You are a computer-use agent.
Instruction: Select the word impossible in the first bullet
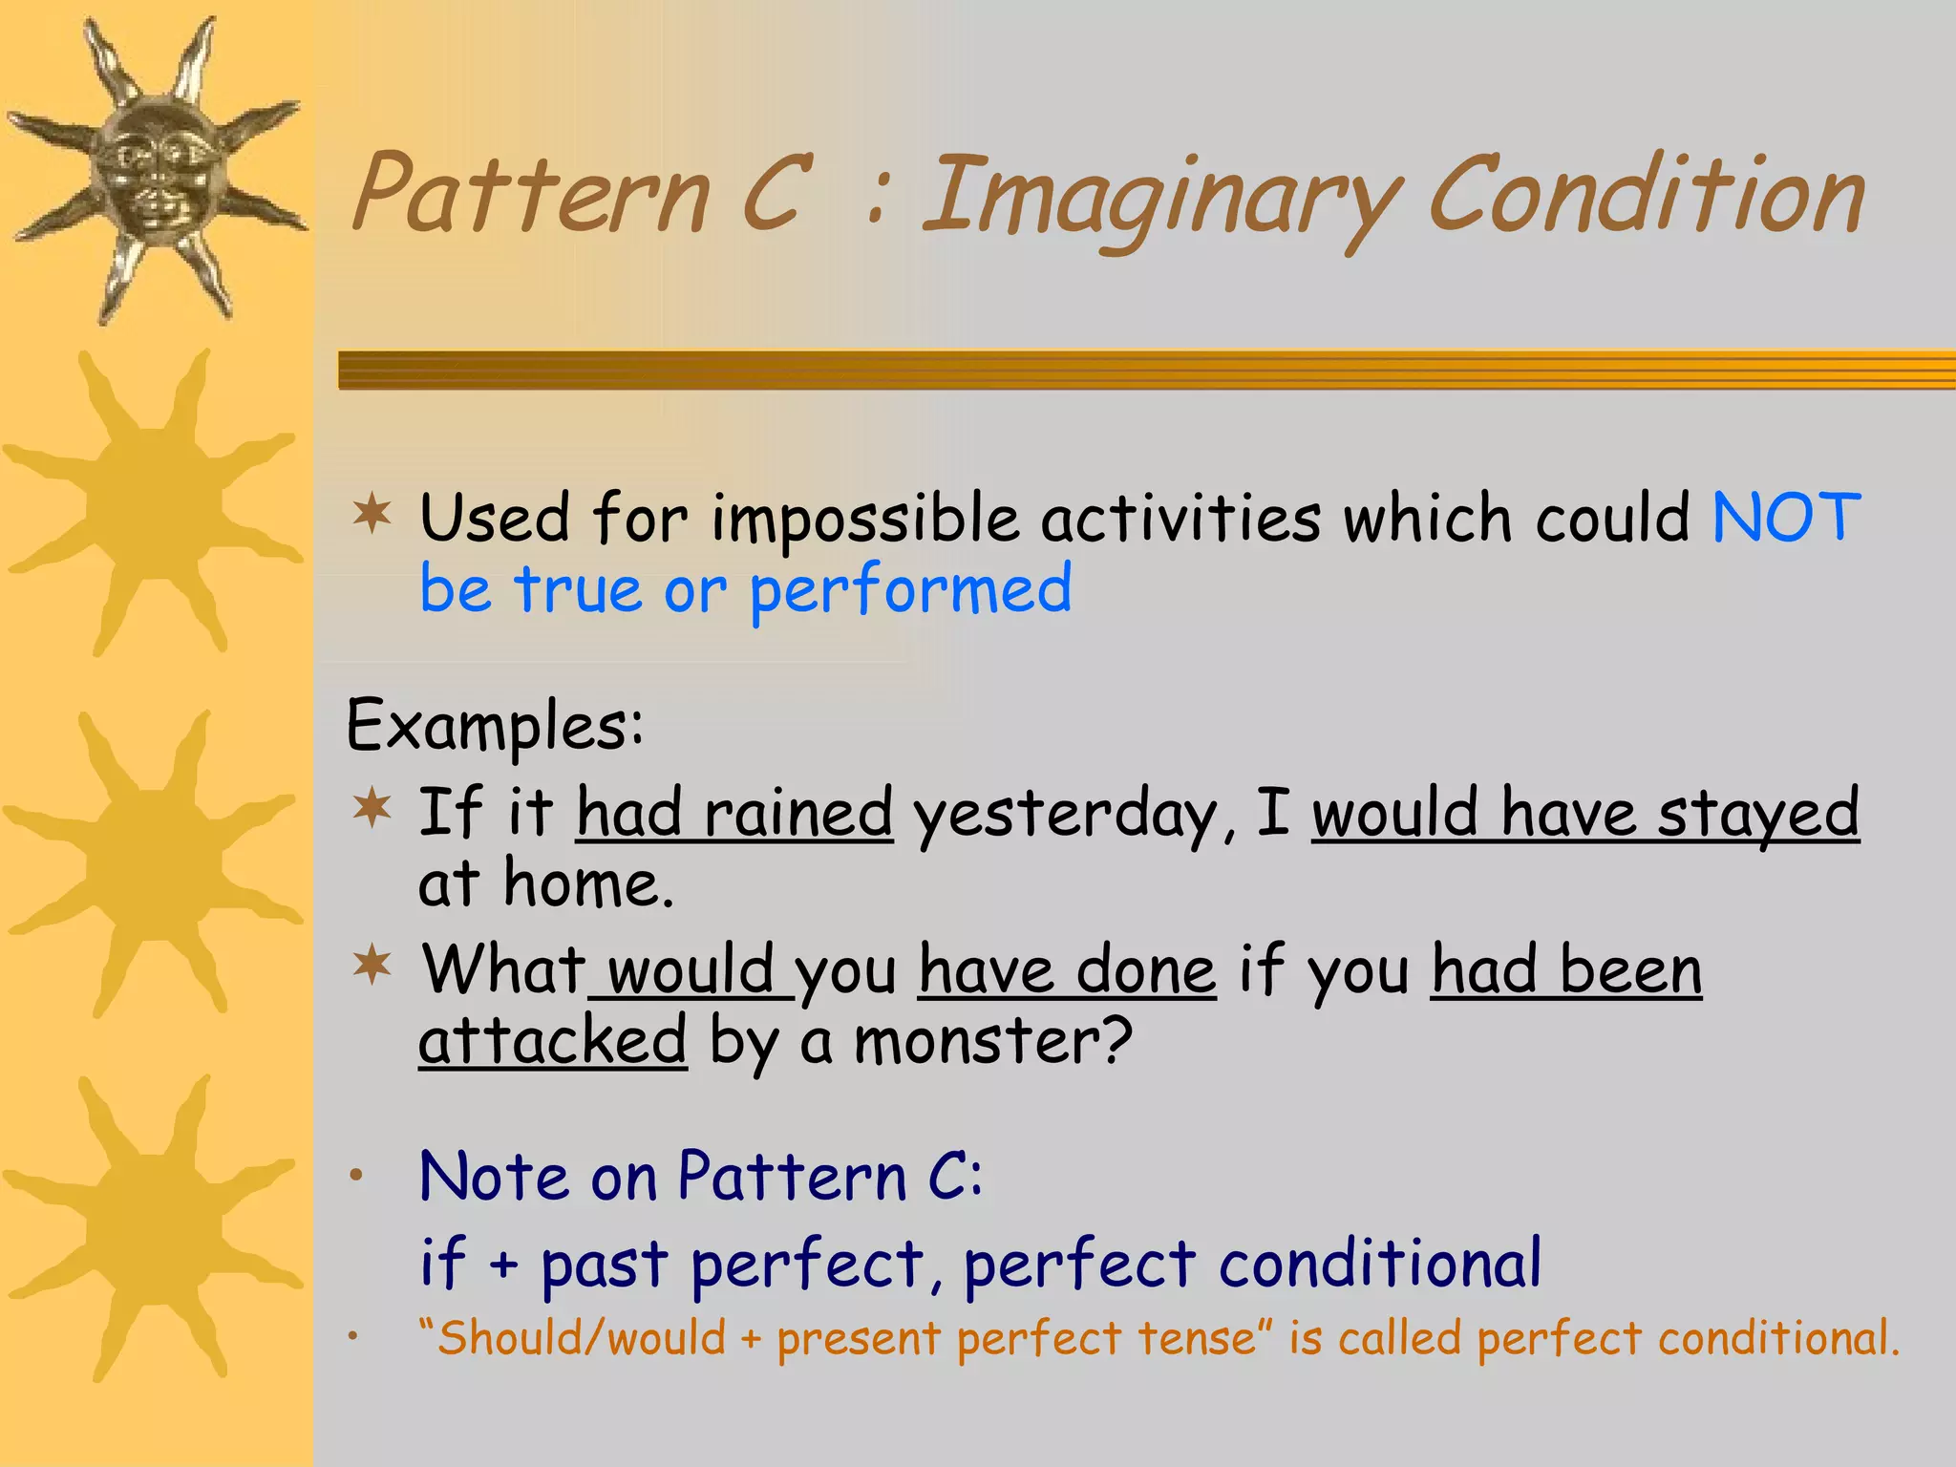[864, 521]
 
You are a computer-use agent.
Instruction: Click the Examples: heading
[495, 726]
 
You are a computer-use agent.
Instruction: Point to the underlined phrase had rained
[734, 814]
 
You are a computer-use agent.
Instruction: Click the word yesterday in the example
[1065, 817]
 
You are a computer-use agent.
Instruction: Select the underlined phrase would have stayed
[1584, 814]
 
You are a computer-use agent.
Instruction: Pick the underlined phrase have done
[1067, 970]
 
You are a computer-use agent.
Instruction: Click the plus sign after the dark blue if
[503, 1266]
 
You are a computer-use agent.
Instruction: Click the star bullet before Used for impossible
[372, 516]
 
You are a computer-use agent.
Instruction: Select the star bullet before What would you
[372, 966]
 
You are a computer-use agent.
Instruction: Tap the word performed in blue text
[910, 590]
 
